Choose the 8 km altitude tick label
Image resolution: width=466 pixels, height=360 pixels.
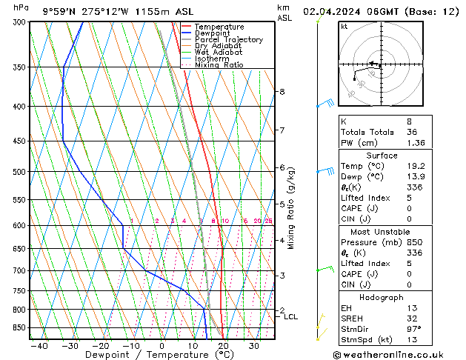(282, 92)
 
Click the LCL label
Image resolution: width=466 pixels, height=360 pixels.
(291, 317)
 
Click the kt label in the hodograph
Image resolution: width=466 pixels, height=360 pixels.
(344, 26)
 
